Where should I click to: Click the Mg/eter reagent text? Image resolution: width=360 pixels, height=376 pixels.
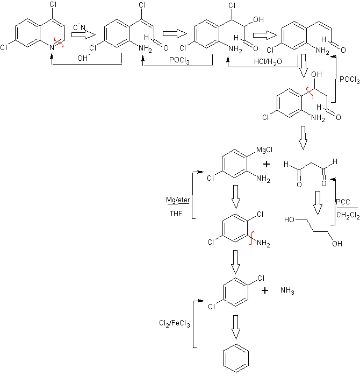click(176, 201)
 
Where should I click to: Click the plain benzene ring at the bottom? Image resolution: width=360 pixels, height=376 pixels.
click(235, 358)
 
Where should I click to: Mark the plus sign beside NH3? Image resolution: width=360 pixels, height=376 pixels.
click(265, 290)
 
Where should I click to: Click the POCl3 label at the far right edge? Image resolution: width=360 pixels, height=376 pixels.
click(349, 79)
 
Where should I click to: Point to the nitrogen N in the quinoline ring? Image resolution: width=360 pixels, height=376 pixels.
click(51, 48)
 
